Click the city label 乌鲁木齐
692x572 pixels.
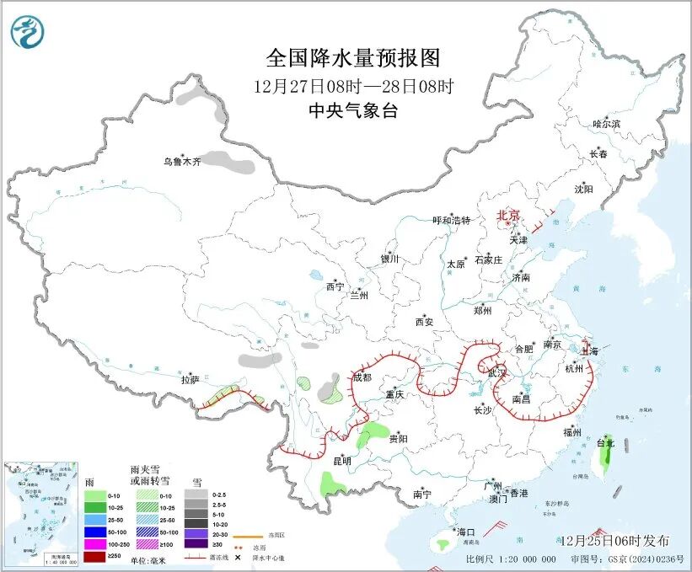pos(182,161)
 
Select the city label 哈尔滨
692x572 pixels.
pos(606,124)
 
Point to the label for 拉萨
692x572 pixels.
pos(190,380)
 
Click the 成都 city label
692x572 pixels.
pos(362,377)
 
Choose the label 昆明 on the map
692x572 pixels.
pos(341,461)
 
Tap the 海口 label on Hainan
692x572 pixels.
pos(465,532)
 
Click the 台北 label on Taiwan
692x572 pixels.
pos(605,442)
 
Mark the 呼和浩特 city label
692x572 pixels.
pos(451,221)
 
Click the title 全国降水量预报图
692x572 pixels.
pos(353,58)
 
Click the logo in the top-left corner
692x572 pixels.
pos(28,31)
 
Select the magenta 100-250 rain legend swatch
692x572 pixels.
pos(94,545)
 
